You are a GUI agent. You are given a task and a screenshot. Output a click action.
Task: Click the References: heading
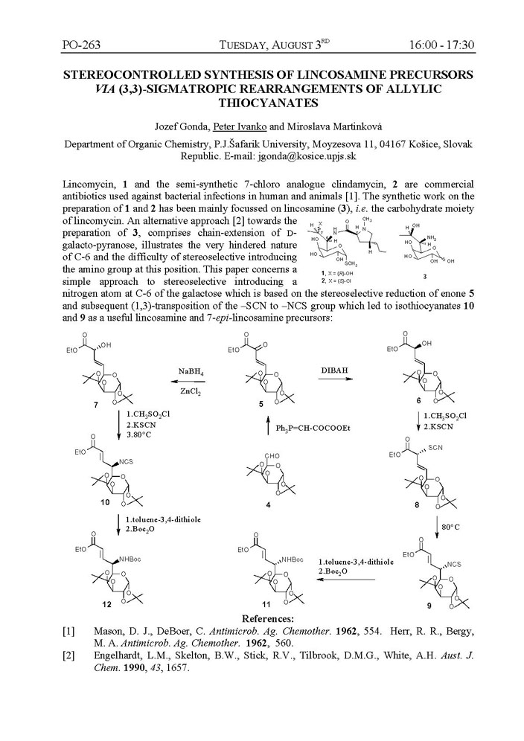click(x=262, y=618)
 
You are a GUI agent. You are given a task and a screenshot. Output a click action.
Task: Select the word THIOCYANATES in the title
click(x=262, y=103)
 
